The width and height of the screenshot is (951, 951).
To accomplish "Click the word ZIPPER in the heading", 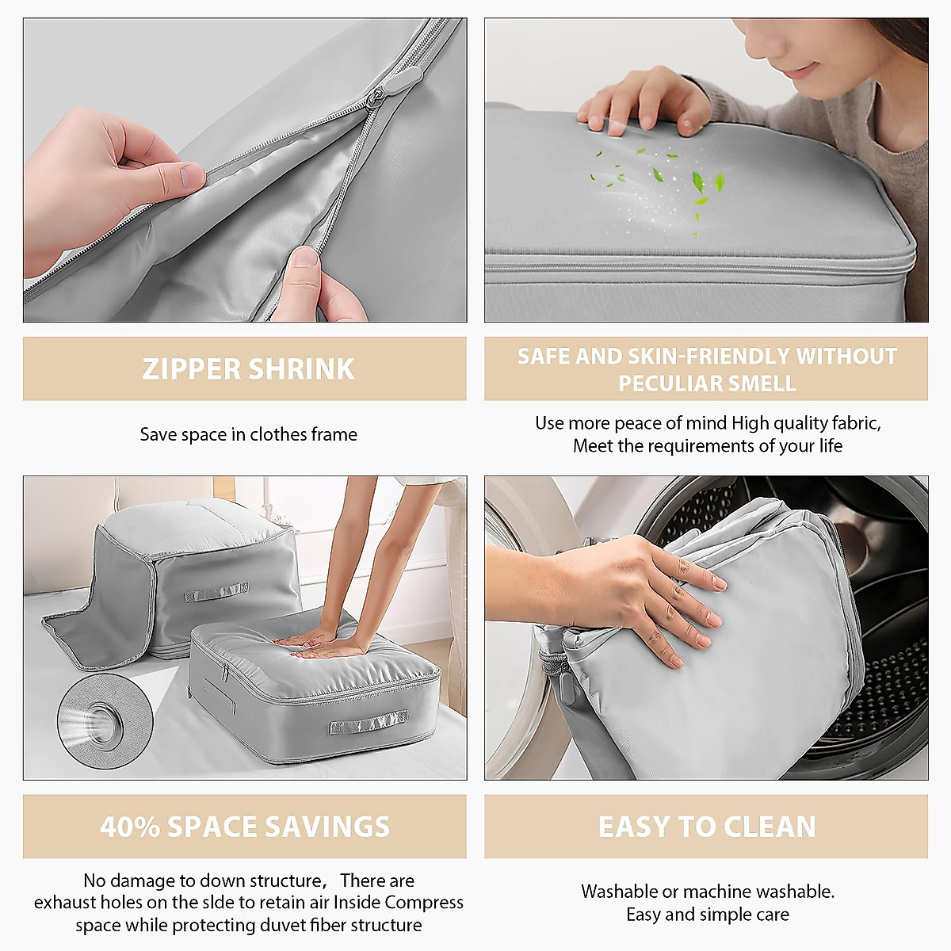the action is click(x=191, y=369).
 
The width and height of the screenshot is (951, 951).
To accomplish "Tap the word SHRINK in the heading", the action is click(x=301, y=369).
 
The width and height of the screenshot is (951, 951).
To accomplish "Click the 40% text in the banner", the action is click(x=129, y=827).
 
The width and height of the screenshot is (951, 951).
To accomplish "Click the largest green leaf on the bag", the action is click(x=697, y=182).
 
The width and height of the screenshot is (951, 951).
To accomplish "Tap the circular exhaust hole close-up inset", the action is click(x=105, y=721).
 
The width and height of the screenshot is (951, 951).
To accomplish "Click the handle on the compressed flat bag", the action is click(x=369, y=724).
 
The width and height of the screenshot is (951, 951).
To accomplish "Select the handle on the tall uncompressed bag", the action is click(x=216, y=592).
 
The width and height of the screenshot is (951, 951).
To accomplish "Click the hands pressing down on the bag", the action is click(x=321, y=644).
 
